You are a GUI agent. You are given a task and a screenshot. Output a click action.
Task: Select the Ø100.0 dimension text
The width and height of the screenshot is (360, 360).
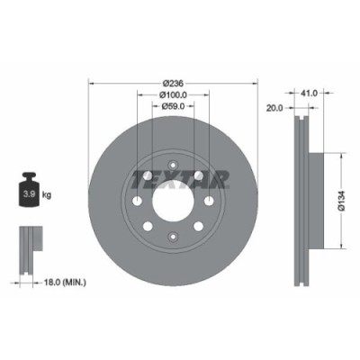tap(172, 94)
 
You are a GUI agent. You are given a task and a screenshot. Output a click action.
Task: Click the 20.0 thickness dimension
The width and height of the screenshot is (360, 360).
tap(275, 107)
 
